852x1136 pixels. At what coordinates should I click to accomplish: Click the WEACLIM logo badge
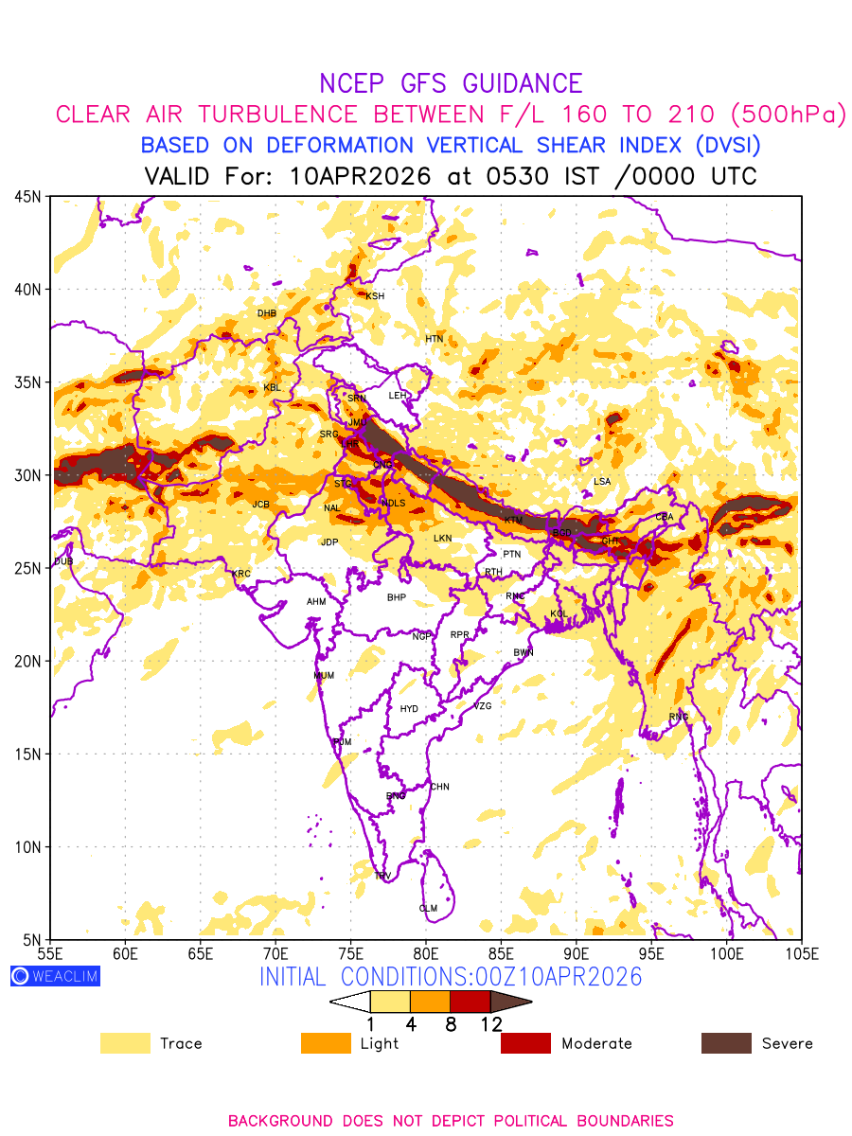tap(55, 976)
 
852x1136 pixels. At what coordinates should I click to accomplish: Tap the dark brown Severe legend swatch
tap(726, 1043)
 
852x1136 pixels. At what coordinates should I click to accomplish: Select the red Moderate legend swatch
tap(525, 1043)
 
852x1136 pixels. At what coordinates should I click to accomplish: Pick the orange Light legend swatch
tap(326, 1043)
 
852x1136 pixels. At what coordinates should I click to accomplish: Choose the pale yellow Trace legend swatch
tap(125, 1043)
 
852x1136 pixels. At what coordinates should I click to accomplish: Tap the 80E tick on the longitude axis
tap(426, 952)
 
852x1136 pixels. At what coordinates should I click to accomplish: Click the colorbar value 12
tap(491, 1023)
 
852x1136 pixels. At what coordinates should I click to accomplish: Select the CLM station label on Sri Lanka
tap(428, 909)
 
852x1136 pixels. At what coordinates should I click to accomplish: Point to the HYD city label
tap(409, 709)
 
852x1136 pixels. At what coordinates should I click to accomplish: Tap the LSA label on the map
tap(602, 482)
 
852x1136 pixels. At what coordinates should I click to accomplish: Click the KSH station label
tap(375, 296)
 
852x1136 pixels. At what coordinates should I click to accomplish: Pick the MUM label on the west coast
tap(324, 676)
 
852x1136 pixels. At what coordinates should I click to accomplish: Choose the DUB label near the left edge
tap(63, 562)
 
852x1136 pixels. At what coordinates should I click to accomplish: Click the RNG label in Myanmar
tap(679, 717)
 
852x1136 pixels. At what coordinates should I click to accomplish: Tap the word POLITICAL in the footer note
tap(509, 1121)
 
